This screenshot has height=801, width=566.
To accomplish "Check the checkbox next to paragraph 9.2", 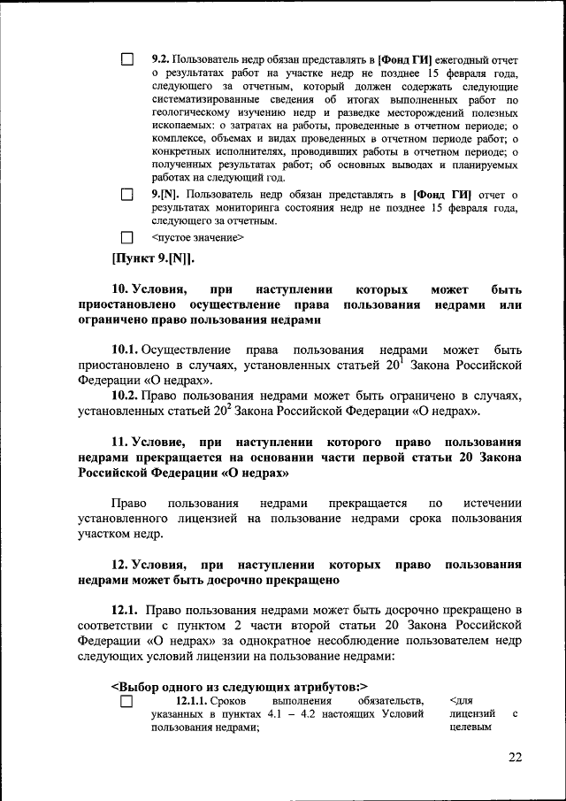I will [126, 59].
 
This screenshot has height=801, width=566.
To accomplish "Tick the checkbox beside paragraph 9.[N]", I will [126, 194].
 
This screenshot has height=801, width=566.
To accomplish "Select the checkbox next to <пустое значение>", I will [126, 237].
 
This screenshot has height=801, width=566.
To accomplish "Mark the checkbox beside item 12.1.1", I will [126, 702].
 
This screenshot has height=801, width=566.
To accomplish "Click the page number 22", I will [516, 757].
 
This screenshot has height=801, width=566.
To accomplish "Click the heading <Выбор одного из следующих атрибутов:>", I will [239, 685].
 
